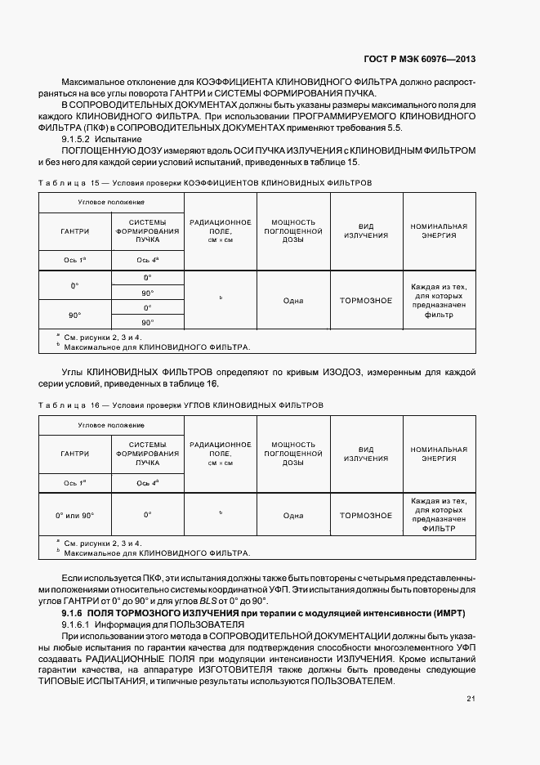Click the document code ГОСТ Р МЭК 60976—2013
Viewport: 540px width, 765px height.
(x=419, y=59)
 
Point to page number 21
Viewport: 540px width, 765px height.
(x=471, y=698)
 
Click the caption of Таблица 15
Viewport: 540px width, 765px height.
(x=204, y=183)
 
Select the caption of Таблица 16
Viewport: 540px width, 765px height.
(x=181, y=405)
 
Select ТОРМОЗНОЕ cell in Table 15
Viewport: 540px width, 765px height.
(x=365, y=300)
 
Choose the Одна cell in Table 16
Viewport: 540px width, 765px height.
(x=292, y=516)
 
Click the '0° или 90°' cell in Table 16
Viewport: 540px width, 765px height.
(x=74, y=516)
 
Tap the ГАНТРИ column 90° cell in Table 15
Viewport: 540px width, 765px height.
(x=74, y=315)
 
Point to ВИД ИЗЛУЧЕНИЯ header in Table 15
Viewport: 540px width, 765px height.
(x=365, y=230)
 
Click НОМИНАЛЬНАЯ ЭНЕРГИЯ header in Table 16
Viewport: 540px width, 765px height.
(x=439, y=454)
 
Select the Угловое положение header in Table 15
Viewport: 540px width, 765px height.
(x=111, y=201)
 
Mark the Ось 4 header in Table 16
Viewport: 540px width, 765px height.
(x=147, y=483)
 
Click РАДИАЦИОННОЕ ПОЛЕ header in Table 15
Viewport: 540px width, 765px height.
(x=221, y=230)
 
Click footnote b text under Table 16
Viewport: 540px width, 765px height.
(x=156, y=553)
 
